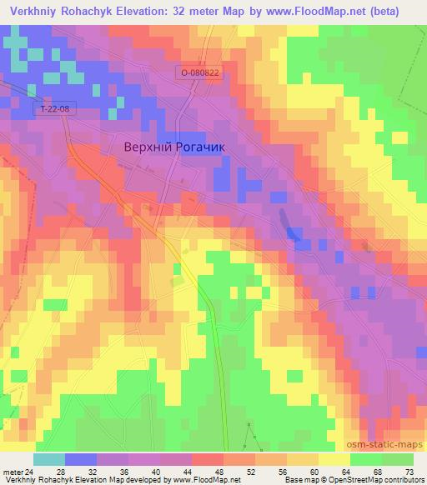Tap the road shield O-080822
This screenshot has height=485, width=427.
pos(199,73)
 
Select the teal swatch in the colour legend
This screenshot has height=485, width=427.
pos(49,459)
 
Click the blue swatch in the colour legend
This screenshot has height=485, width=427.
pos(81,459)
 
